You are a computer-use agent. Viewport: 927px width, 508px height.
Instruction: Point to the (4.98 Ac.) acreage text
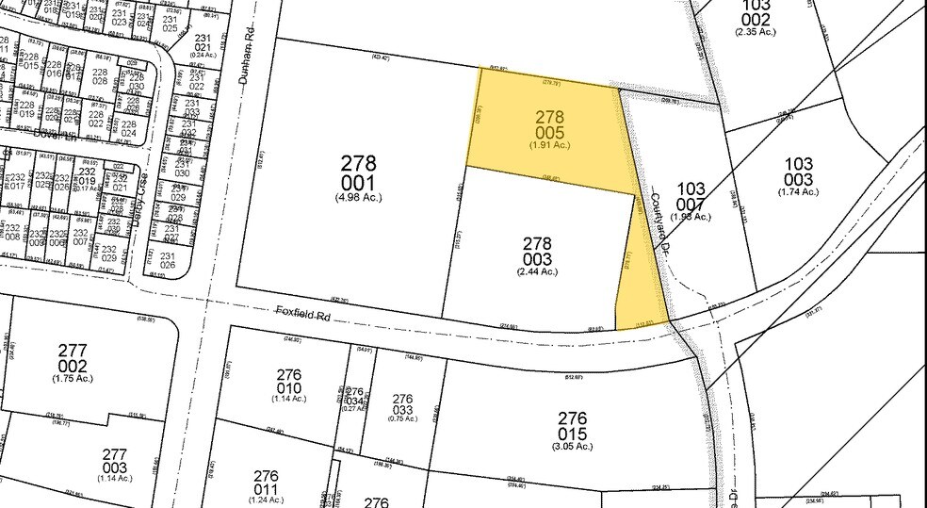click(358, 197)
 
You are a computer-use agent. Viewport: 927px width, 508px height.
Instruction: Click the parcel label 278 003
click(537, 251)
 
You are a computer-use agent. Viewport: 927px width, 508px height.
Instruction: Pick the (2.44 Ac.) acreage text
click(537, 271)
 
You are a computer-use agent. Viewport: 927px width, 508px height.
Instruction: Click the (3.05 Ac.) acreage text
click(572, 447)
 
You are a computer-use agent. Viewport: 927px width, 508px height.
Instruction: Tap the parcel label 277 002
click(73, 358)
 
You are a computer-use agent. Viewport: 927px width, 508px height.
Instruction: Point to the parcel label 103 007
click(691, 195)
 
